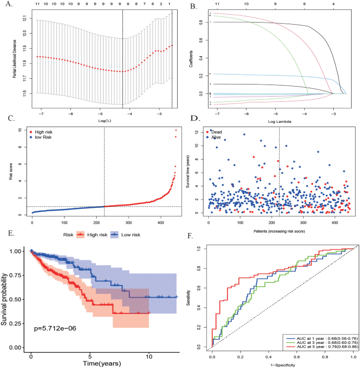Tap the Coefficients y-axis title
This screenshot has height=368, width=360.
coord(192,58)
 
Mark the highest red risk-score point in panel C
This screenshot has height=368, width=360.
coord(176,130)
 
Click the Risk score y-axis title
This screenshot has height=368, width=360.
coord(12,171)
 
